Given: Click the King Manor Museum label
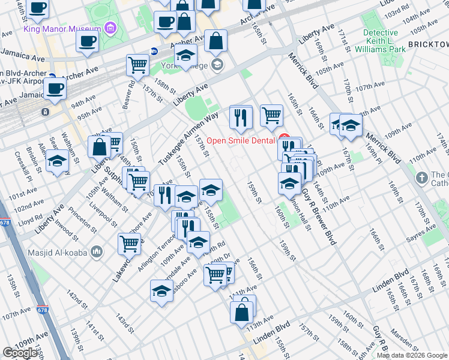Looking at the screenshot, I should (62, 29).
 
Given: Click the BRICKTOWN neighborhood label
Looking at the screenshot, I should (427, 44).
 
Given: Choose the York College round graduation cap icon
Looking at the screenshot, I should (217, 65).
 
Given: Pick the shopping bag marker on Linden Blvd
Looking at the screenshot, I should (241, 312).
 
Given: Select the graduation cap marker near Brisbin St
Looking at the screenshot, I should (58, 162).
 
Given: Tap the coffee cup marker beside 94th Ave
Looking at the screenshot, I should (55, 89).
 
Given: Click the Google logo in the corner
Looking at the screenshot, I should (20, 353).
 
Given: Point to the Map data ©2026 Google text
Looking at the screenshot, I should (411, 355).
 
